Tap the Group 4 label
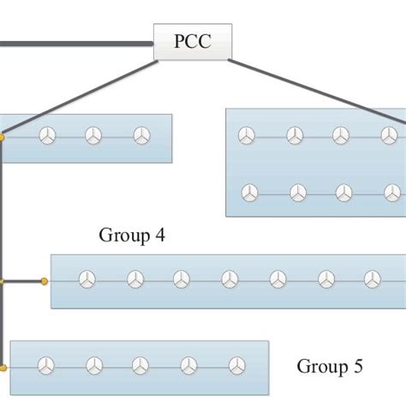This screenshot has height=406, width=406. (132, 235)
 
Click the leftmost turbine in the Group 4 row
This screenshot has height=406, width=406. (87, 279)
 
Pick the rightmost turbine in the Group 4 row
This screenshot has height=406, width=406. (372, 279)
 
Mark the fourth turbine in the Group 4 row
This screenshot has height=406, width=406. (230, 279)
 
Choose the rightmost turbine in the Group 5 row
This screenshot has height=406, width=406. (233, 367)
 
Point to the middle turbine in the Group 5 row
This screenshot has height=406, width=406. (139, 367)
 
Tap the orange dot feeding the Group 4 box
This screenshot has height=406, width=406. (44, 280)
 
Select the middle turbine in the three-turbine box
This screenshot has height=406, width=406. (93, 135)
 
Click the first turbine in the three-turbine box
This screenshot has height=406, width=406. (46, 135)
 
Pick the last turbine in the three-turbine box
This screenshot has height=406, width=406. (141, 135)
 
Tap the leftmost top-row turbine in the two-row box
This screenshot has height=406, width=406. (247, 136)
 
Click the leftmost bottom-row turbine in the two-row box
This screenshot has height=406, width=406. (249, 193)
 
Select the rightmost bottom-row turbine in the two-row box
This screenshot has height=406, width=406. (388, 193)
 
